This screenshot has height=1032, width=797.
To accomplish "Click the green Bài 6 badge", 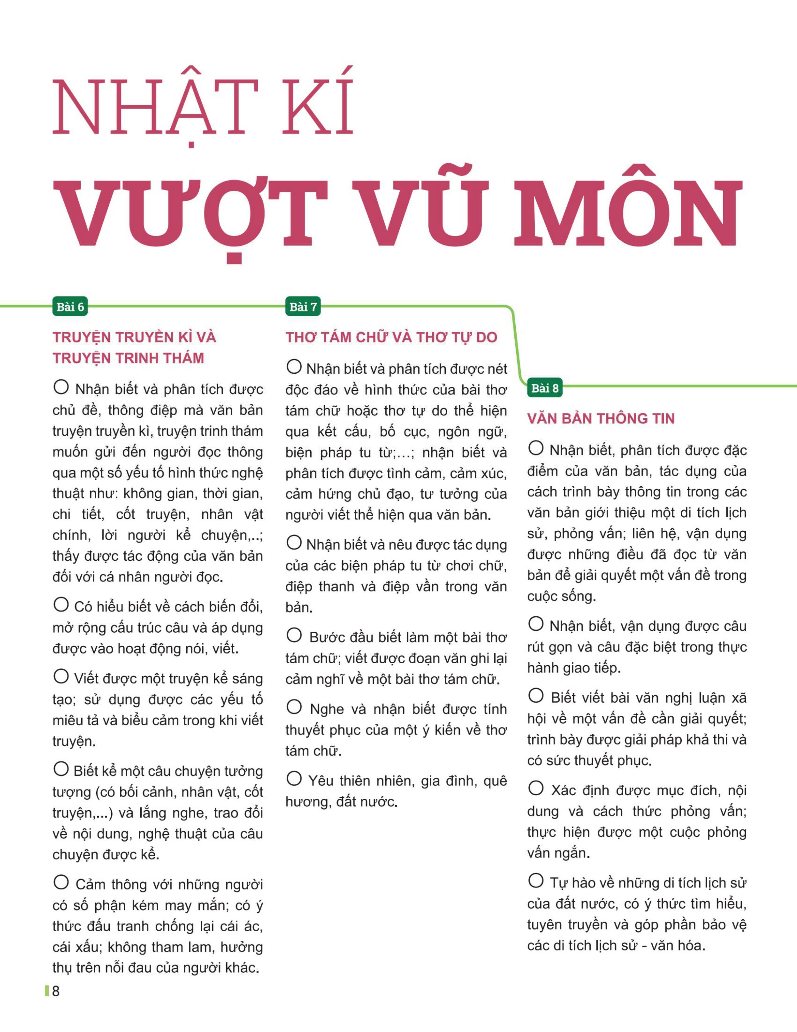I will [70, 307].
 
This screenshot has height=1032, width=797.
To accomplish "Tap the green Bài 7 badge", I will [303, 307].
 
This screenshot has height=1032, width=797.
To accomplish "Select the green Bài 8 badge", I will [545, 388].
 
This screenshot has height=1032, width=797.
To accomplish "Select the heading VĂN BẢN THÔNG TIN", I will [601, 418].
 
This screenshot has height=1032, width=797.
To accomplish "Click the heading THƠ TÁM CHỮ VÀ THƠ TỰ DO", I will [391, 337].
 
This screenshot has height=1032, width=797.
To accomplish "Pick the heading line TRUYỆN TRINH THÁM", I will [128, 358].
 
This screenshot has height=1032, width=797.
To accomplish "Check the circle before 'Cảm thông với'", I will [61, 882].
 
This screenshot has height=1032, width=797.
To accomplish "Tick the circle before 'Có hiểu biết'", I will [61, 605].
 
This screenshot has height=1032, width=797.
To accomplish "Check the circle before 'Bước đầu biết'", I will [294, 635].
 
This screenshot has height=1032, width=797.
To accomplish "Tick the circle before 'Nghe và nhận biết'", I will [294, 707].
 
